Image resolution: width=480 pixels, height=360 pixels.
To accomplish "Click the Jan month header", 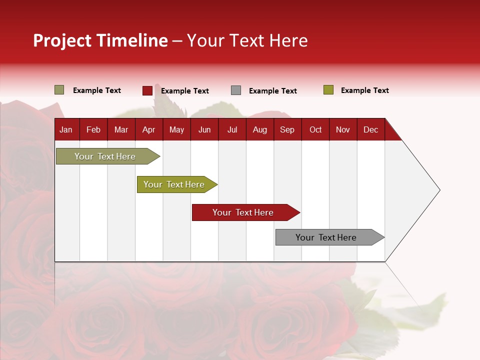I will point(66,129).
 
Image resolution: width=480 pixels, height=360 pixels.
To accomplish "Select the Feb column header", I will point(93,129).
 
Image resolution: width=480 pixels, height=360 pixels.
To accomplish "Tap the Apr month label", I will point(148,129).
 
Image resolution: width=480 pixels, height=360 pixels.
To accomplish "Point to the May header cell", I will point(176,129).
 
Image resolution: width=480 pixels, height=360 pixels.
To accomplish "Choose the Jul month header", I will point(232,129).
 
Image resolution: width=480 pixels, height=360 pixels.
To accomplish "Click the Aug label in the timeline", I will point(259,129).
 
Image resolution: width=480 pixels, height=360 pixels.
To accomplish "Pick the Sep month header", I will point(287,129).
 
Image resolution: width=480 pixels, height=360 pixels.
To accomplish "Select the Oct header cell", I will point(315,129).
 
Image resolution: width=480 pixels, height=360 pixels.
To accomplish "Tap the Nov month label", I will point(343,129).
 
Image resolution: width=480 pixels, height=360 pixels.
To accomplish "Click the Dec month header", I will point(370,129).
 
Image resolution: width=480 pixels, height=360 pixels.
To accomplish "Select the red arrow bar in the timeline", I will point(245,212).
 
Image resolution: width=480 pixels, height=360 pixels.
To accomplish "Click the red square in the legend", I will point(147,90).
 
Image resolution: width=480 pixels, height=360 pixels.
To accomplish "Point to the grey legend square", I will point(236,90).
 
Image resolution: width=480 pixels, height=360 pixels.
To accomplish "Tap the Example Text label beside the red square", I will point(184,91).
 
